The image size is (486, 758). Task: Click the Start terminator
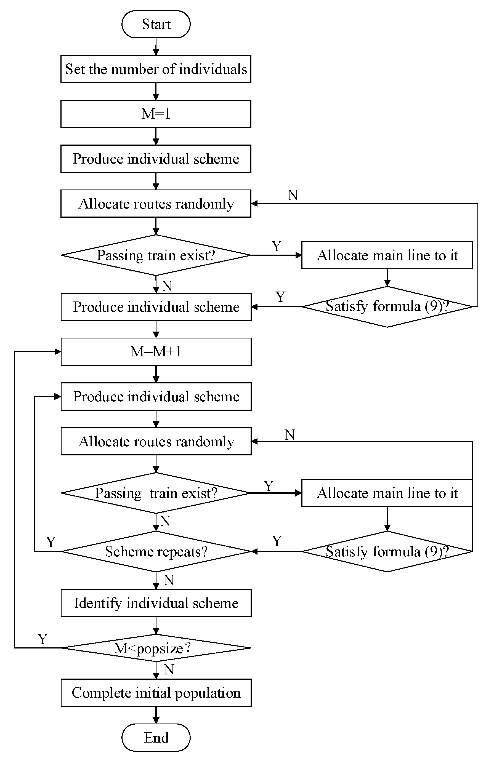pos(156,24)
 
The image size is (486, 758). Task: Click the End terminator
pos(156,738)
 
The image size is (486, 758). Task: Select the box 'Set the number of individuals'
pos(156,69)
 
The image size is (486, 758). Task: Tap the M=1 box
pos(156,114)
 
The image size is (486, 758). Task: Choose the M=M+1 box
pos(156,351)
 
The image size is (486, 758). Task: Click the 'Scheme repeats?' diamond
pos(156,551)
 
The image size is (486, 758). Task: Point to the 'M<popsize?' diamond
pos(156,648)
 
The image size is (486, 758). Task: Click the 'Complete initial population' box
pos(156,693)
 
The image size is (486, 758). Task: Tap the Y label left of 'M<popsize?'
pos(43,639)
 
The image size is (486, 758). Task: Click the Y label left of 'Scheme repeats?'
pos(51,542)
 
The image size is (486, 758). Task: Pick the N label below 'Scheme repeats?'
pos(169,580)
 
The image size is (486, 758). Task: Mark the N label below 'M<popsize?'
pos(169,669)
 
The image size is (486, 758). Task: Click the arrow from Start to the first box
pos(156,47)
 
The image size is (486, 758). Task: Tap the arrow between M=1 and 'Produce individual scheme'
pos(156,136)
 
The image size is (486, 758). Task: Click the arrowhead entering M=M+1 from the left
pos(57,351)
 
